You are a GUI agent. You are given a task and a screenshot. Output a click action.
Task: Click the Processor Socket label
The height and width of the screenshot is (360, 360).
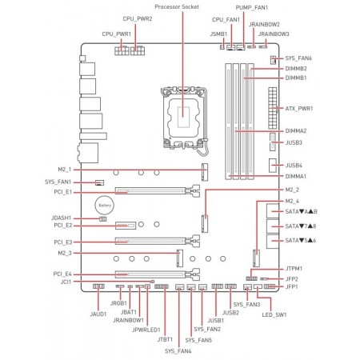[177, 6]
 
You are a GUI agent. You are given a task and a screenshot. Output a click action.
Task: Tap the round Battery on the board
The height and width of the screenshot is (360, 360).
[105, 206]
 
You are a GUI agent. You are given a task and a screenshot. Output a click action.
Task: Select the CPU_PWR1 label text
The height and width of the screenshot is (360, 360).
[117, 34]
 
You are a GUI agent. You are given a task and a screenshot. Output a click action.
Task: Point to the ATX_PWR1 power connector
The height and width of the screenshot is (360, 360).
[273, 108]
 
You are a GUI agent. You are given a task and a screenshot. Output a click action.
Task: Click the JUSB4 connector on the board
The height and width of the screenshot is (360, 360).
[272, 166]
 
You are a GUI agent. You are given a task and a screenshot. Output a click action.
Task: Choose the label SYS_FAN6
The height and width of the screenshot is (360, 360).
[298, 58]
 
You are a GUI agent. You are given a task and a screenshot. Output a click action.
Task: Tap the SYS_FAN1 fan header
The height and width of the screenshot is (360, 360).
[99, 182]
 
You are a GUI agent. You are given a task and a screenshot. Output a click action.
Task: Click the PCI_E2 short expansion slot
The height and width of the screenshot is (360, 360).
[126, 226]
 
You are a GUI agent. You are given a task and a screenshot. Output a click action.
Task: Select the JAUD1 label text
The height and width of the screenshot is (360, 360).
[98, 314]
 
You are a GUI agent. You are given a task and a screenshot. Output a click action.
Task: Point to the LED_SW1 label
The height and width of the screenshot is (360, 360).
[274, 314]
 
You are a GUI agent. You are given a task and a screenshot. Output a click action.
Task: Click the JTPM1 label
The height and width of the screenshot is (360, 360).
[294, 269]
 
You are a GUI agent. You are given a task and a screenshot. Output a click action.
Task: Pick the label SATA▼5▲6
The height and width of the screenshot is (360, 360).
[301, 241]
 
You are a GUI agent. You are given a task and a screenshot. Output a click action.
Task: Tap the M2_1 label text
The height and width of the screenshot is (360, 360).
[65, 170]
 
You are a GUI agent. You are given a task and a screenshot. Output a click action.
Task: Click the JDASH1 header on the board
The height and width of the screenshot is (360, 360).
[103, 219]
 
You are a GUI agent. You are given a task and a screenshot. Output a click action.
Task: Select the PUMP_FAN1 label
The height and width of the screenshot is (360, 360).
[252, 8]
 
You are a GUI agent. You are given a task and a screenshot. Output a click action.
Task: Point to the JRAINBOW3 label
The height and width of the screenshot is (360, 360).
[274, 34]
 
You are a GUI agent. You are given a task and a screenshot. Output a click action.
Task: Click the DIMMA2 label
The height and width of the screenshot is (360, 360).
[296, 131]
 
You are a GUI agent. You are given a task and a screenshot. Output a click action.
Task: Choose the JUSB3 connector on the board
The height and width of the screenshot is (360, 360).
[272, 142]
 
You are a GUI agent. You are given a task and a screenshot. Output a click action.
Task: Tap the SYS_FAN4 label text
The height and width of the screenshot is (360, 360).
[178, 351]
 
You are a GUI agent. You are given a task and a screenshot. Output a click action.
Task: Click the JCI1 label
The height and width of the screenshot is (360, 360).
[66, 282]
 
